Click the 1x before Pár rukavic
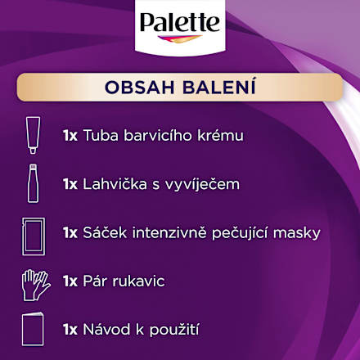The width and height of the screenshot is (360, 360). [x=70, y=281]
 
